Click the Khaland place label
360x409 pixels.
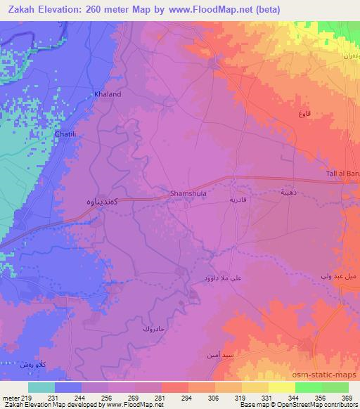[108, 93]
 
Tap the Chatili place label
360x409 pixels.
[66, 133]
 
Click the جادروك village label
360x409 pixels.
[153, 328]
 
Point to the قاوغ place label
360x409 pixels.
[304, 114]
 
